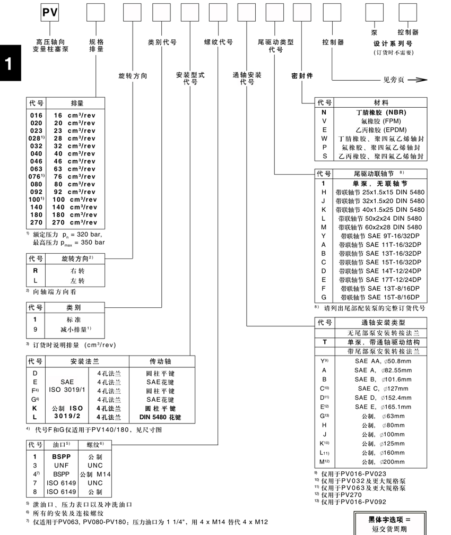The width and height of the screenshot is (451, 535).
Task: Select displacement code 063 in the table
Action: coord(36,169)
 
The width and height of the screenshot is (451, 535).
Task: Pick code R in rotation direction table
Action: coord(36,271)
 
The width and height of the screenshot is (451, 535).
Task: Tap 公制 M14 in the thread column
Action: coord(95,474)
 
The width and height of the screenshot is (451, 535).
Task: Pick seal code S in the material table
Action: coord(324,156)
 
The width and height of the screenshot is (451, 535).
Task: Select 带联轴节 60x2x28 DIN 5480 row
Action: coord(379,227)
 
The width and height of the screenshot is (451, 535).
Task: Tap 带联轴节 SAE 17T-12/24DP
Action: coord(379,279)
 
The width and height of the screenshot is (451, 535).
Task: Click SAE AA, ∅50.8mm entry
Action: coord(379,361)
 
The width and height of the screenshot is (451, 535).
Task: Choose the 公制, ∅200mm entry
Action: coord(379,461)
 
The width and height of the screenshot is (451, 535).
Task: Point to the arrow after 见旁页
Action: coord(418,80)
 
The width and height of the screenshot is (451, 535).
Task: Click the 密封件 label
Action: coord(302,76)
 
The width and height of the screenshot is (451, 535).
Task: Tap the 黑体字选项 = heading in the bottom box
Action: coord(389,519)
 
